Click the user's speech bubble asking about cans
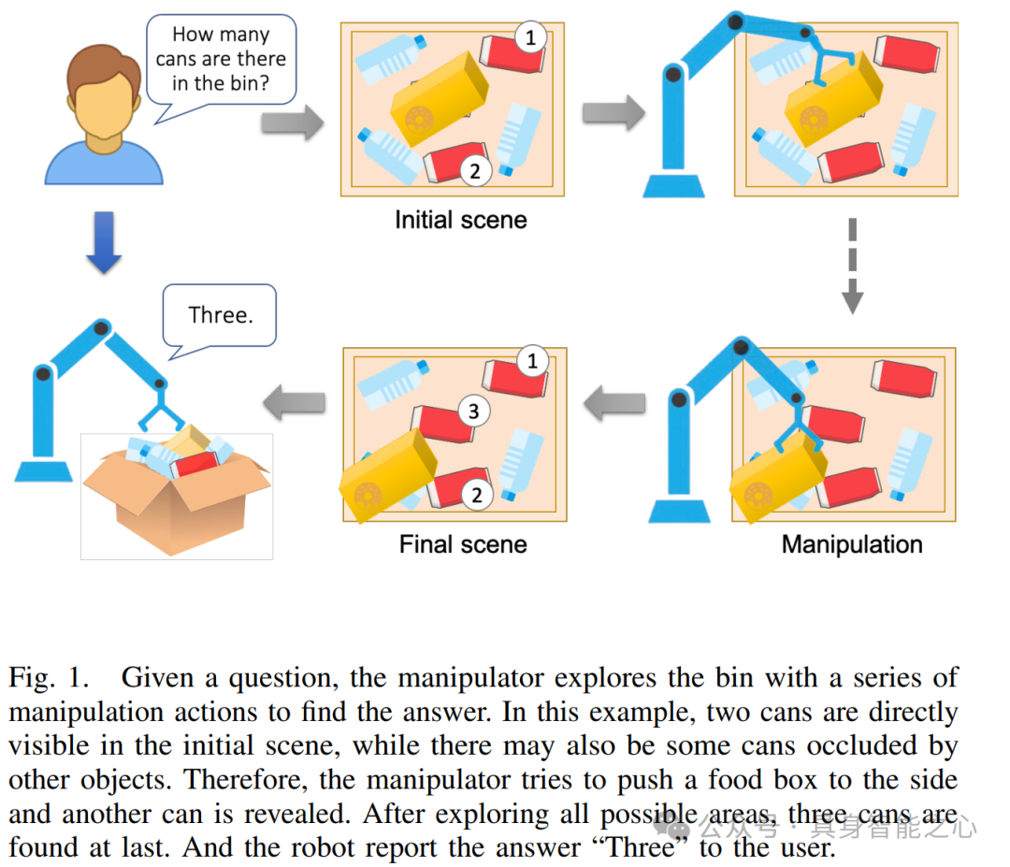(221, 59)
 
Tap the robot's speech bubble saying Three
(221, 315)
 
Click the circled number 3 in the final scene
(474, 411)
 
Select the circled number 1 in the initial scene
(530, 38)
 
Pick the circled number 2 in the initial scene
(475, 170)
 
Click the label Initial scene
(460, 221)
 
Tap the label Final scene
(463, 544)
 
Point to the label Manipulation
(852, 544)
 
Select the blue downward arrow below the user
(104, 241)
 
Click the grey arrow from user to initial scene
(292, 122)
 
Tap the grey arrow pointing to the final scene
(613, 404)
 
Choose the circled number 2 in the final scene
(477, 495)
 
